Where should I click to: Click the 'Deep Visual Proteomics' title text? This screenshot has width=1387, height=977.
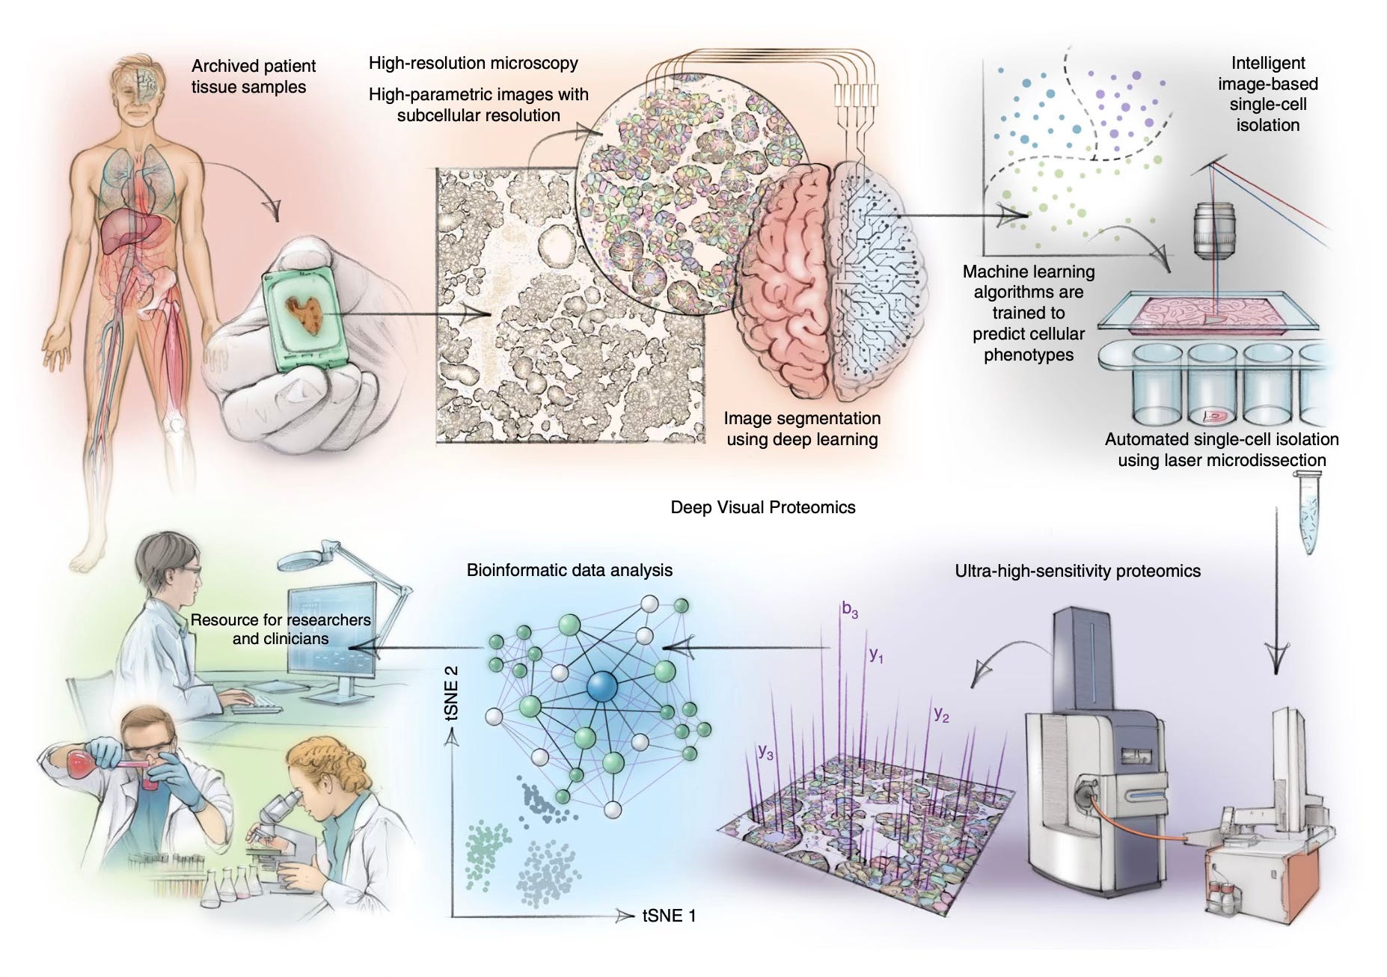tap(762, 507)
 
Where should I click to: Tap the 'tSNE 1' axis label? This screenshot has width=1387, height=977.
tap(669, 915)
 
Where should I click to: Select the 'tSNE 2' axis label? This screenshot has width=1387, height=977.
tap(451, 693)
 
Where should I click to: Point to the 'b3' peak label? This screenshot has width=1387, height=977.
tap(850, 610)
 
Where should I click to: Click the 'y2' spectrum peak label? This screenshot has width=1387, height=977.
tap(941, 714)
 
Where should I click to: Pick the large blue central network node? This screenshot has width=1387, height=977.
tap(602, 687)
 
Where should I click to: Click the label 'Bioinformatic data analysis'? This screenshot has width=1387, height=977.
tap(569, 570)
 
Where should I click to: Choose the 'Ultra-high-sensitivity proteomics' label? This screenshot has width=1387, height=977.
tap(1077, 571)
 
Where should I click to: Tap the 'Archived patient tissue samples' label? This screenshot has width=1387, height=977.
tap(253, 76)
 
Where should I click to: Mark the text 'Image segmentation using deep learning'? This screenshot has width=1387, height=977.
tap(802, 429)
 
